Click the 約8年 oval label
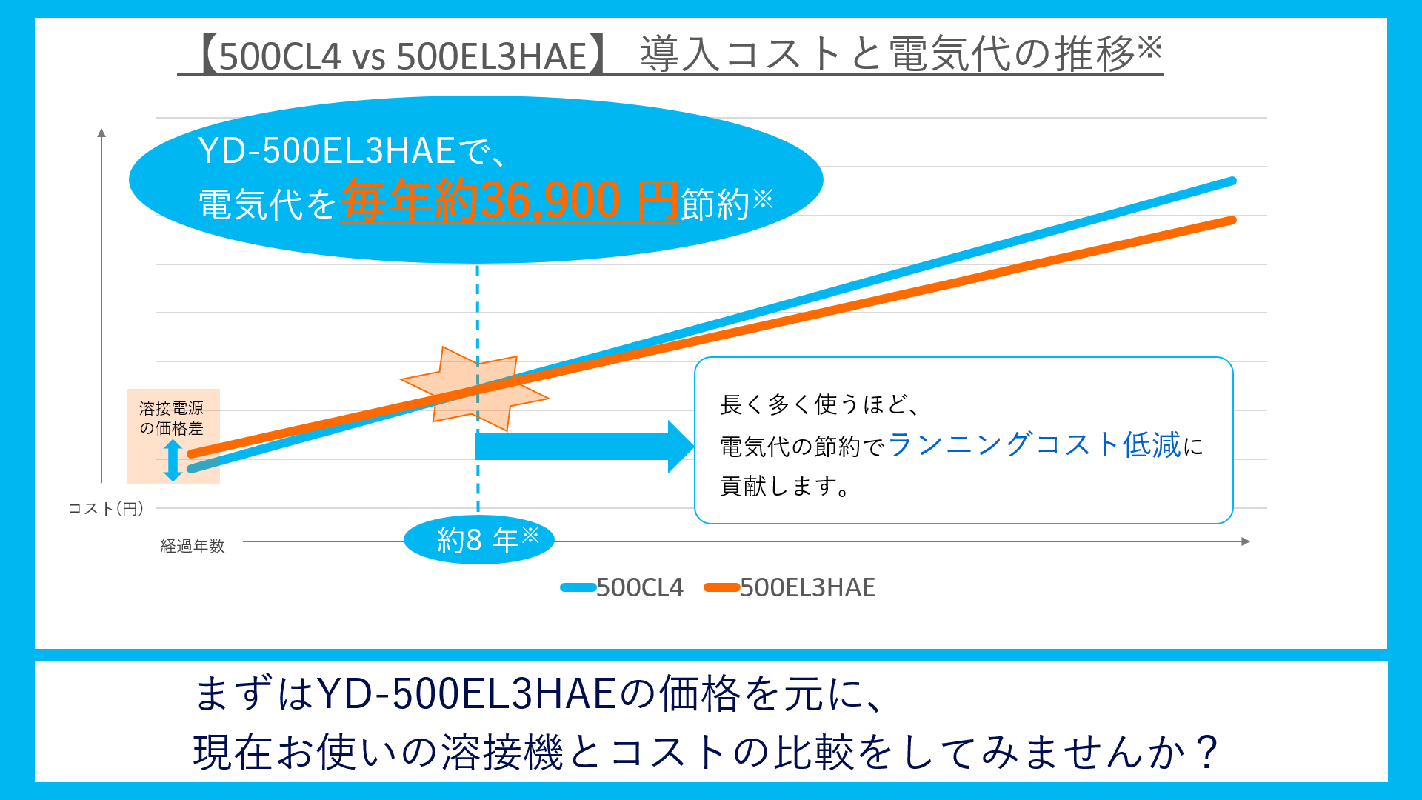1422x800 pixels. [479, 540]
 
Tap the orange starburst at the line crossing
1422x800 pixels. [475, 388]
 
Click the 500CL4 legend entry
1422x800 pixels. [622, 587]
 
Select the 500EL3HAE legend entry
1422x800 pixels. [790, 587]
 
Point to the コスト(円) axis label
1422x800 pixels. [105, 509]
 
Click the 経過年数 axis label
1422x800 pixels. [193, 546]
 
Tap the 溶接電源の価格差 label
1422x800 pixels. [171, 418]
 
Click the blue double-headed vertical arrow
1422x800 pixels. [173, 460]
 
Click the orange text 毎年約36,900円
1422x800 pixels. [510, 201]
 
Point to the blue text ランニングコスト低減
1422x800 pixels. [1034, 444]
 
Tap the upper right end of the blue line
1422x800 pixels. [1231, 181]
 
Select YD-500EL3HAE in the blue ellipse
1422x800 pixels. [326, 151]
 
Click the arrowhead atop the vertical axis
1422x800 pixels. [101, 133]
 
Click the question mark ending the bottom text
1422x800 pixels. [1206, 753]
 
